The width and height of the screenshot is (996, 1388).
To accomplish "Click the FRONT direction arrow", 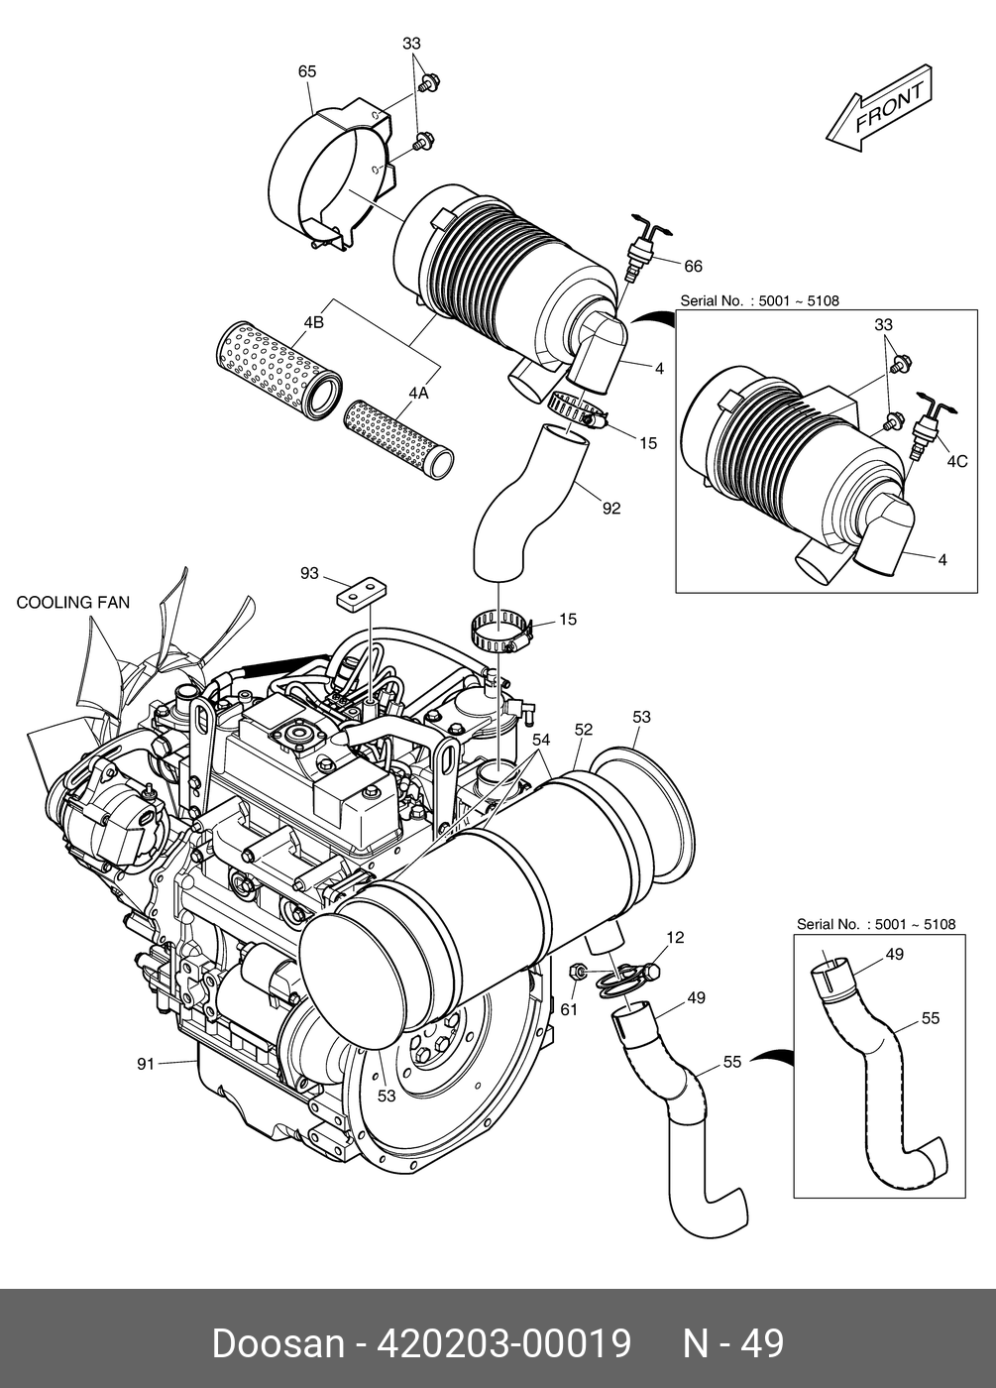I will click(x=878, y=110).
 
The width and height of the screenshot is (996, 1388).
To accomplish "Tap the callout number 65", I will click(x=307, y=71).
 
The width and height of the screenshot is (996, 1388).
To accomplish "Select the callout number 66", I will click(x=693, y=266).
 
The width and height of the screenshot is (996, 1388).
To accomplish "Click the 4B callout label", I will click(x=314, y=322).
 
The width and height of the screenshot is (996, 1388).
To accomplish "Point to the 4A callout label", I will click(x=417, y=394).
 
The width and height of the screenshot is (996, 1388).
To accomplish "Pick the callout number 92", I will click(x=611, y=509).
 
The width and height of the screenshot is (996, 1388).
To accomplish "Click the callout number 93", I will click(x=310, y=574).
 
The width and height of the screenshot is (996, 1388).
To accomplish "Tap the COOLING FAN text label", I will click(x=73, y=603).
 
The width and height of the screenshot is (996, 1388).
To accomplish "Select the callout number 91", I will click(x=146, y=1064).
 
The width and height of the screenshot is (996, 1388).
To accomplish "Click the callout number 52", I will click(x=584, y=730).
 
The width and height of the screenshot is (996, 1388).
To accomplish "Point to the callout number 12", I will click(x=675, y=937).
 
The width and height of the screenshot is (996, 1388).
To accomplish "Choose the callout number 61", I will click(x=569, y=1009).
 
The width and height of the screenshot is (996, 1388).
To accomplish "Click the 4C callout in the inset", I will click(x=956, y=461).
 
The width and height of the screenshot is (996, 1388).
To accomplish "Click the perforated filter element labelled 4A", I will click(x=400, y=433).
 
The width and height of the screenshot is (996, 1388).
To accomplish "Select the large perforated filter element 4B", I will click(x=278, y=363).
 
